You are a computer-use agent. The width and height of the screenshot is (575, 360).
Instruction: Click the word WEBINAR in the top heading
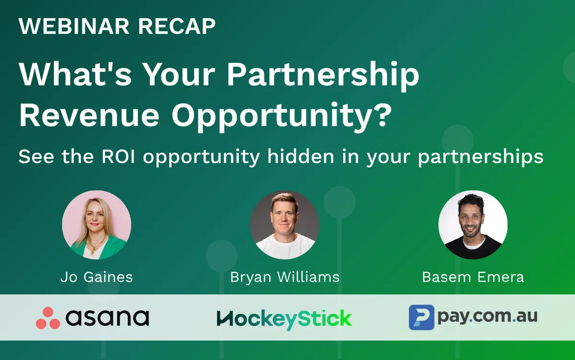point(74,26)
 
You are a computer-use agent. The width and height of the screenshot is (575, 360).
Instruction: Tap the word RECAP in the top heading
point(177,26)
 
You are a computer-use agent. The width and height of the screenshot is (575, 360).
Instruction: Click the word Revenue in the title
point(89,115)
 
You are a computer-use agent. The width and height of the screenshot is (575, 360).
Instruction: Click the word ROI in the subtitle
point(118,156)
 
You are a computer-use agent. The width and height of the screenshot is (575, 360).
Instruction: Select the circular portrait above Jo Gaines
point(96,225)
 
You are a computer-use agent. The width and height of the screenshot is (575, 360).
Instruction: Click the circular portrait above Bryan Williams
point(285,225)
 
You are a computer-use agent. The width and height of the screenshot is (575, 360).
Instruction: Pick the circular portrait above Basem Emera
point(473,225)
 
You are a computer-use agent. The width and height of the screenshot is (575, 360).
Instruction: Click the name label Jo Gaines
point(96,277)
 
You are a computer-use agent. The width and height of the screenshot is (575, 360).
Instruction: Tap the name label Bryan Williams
point(285,278)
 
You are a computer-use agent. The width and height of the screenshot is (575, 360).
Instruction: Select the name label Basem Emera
point(473,277)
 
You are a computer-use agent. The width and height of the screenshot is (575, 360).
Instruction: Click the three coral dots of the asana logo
point(48,318)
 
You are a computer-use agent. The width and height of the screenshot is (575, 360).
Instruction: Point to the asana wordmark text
point(107,318)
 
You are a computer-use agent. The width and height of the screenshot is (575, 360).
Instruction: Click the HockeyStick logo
point(285,319)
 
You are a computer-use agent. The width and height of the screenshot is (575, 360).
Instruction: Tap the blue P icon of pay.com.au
point(422,317)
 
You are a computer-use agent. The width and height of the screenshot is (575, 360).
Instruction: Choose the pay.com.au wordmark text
point(487,316)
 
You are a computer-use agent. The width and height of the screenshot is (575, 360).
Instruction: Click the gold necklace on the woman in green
point(95,244)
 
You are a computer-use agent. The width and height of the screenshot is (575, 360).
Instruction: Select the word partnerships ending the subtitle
point(481,157)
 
